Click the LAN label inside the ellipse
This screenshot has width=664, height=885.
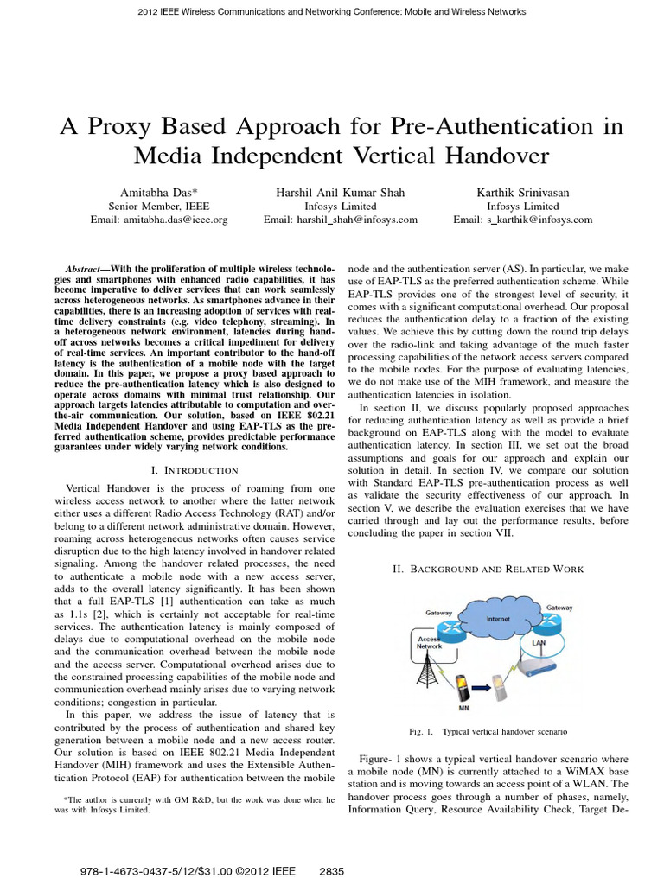pyautogui.click(x=539, y=642)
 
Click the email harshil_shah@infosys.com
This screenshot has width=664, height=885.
pyautogui.click(x=340, y=220)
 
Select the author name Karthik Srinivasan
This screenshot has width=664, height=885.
pyautogui.click(x=523, y=191)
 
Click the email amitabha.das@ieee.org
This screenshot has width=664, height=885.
pyautogui.click(x=158, y=220)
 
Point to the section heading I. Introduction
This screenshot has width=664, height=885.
pyautogui.click(x=194, y=469)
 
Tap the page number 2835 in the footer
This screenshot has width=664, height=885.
pyautogui.click(x=332, y=872)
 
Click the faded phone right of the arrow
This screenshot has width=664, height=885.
pyautogui.click(x=498, y=668)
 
